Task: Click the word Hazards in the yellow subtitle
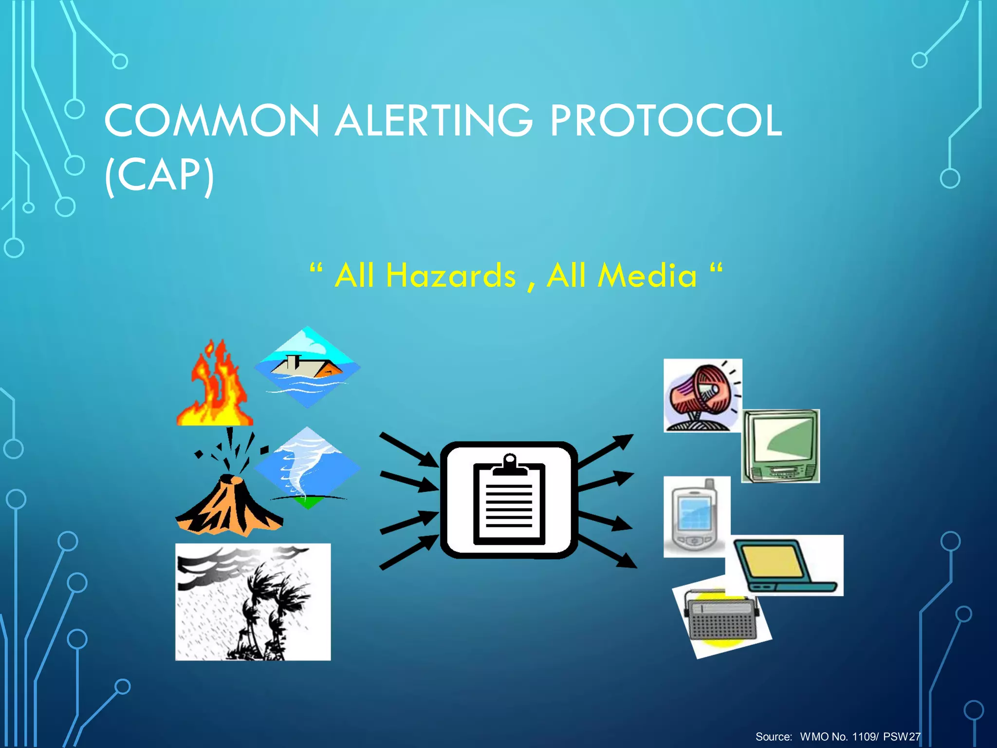[450, 276]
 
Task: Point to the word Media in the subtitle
[647, 276]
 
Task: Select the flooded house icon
[307, 367]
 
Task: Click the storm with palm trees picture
[253, 602]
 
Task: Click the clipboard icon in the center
[509, 500]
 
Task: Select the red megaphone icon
[702, 395]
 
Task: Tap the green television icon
[780, 446]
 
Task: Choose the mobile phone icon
[697, 517]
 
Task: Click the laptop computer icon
[785, 565]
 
